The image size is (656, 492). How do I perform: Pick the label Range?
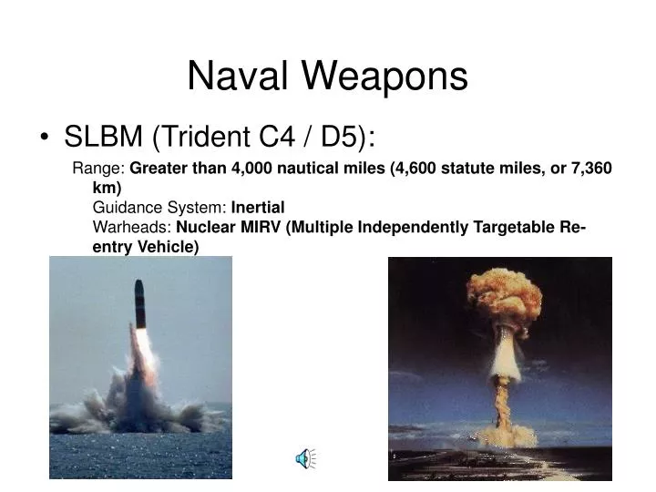click(x=99, y=169)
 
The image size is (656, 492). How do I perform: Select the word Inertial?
click(x=259, y=208)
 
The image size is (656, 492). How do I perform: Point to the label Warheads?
click(x=132, y=228)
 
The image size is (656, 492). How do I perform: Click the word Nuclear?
click(x=207, y=228)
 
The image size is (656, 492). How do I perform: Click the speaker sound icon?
click(x=304, y=460)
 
